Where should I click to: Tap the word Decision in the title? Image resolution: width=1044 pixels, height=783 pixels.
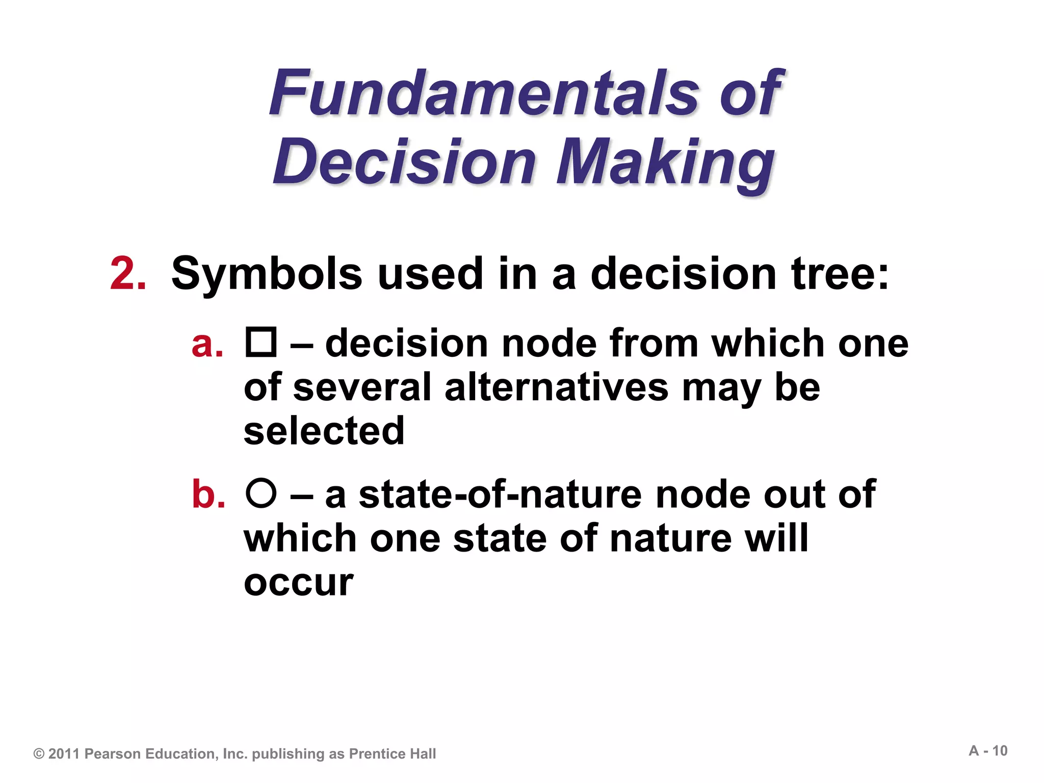(x=404, y=162)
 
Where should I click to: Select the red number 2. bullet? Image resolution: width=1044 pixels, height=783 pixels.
(x=128, y=274)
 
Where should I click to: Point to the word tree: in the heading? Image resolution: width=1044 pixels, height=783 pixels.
(x=840, y=274)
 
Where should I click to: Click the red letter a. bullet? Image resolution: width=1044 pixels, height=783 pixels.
(x=207, y=344)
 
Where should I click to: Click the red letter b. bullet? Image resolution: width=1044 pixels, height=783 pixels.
(x=208, y=494)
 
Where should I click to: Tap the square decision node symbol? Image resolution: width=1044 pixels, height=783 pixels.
(x=261, y=342)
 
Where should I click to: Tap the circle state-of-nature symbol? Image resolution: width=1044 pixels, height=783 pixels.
(x=261, y=493)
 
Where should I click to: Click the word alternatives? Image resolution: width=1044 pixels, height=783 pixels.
(x=556, y=387)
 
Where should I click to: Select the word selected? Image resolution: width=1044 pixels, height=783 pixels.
(x=324, y=431)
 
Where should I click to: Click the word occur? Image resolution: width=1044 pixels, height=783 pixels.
(x=299, y=582)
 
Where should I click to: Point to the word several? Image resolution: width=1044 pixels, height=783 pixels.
(x=362, y=387)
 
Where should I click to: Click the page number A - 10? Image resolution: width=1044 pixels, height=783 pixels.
(x=988, y=751)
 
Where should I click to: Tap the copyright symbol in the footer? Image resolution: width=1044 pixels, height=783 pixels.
(x=39, y=754)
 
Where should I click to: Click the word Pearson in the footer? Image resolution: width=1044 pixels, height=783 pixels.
(x=113, y=754)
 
